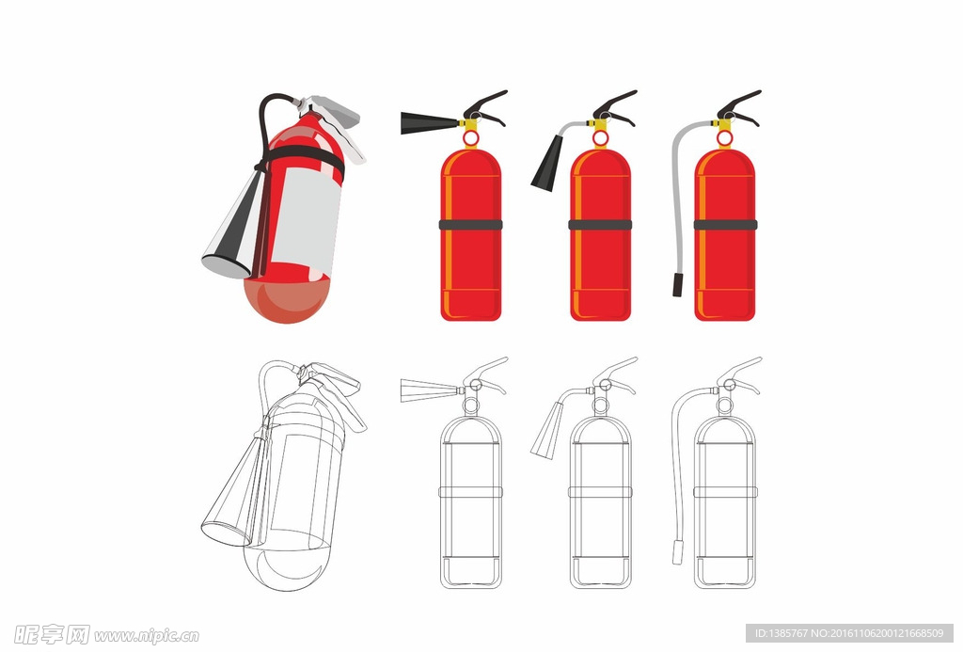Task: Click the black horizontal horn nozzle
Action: [x=430, y=123]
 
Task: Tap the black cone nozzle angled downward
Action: [x=547, y=164]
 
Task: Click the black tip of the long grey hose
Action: [x=677, y=285]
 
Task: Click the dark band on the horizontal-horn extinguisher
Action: [x=471, y=225]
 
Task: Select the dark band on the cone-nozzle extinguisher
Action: [x=600, y=225]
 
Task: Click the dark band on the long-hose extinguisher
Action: [x=725, y=225]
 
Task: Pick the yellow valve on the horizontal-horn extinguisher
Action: [x=470, y=125]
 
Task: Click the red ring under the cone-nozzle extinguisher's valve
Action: [x=600, y=139]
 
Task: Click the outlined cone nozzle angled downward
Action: [x=547, y=431]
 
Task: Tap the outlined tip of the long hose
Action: [x=677, y=552]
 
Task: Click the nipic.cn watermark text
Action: [x=146, y=635]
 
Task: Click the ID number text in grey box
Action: [x=849, y=633]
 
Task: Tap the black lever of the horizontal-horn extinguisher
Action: [x=485, y=106]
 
